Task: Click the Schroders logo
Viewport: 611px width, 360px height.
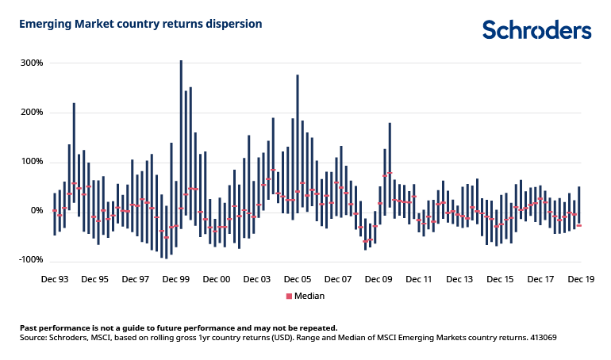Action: pyautogui.click(x=537, y=29)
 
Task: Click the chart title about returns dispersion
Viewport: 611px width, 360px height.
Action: pyautogui.click(x=140, y=24)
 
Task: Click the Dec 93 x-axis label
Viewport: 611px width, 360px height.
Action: pyautogui.click(x=54, y=279)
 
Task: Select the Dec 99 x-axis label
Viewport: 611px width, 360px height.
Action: pyautogui.click(x=175, y=279)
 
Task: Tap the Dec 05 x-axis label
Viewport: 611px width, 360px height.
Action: pyautogui.click(x=298, y=279)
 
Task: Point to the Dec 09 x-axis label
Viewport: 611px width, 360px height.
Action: pyautogui.click(x=379, y=279)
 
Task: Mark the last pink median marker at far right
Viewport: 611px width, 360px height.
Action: pyautogui.click(x=579, y=226)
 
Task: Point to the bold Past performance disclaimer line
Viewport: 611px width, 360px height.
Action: pyautogui.click(x=179, y=327)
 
